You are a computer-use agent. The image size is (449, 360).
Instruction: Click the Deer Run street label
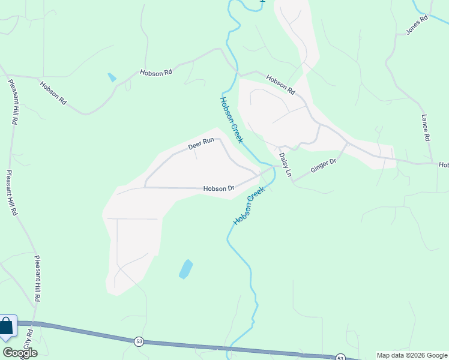[201, 145]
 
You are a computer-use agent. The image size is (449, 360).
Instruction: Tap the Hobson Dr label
[218, 188]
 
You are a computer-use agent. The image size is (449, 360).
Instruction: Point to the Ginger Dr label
[323, 166]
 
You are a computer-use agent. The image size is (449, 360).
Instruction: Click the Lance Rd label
[426, 128]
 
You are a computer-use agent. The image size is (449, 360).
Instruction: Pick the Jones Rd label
[416, 25]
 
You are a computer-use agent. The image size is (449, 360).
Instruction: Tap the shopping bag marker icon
[7, 328]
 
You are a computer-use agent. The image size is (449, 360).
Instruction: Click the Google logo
[20, 353]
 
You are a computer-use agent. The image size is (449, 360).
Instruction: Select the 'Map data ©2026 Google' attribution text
[412, 355]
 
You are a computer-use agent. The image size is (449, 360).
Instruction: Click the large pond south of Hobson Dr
[186, 269]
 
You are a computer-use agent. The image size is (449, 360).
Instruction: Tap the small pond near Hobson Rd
[112, 77]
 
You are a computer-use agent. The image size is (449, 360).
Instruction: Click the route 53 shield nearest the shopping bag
[139, 341]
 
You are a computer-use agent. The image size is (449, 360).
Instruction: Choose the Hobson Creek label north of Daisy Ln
[231, 120]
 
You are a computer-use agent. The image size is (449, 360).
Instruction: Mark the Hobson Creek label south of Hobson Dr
[249, 206]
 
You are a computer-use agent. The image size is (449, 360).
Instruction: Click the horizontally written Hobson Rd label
[156, 72]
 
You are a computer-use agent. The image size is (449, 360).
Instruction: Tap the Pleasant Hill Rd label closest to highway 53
[37, 278]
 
